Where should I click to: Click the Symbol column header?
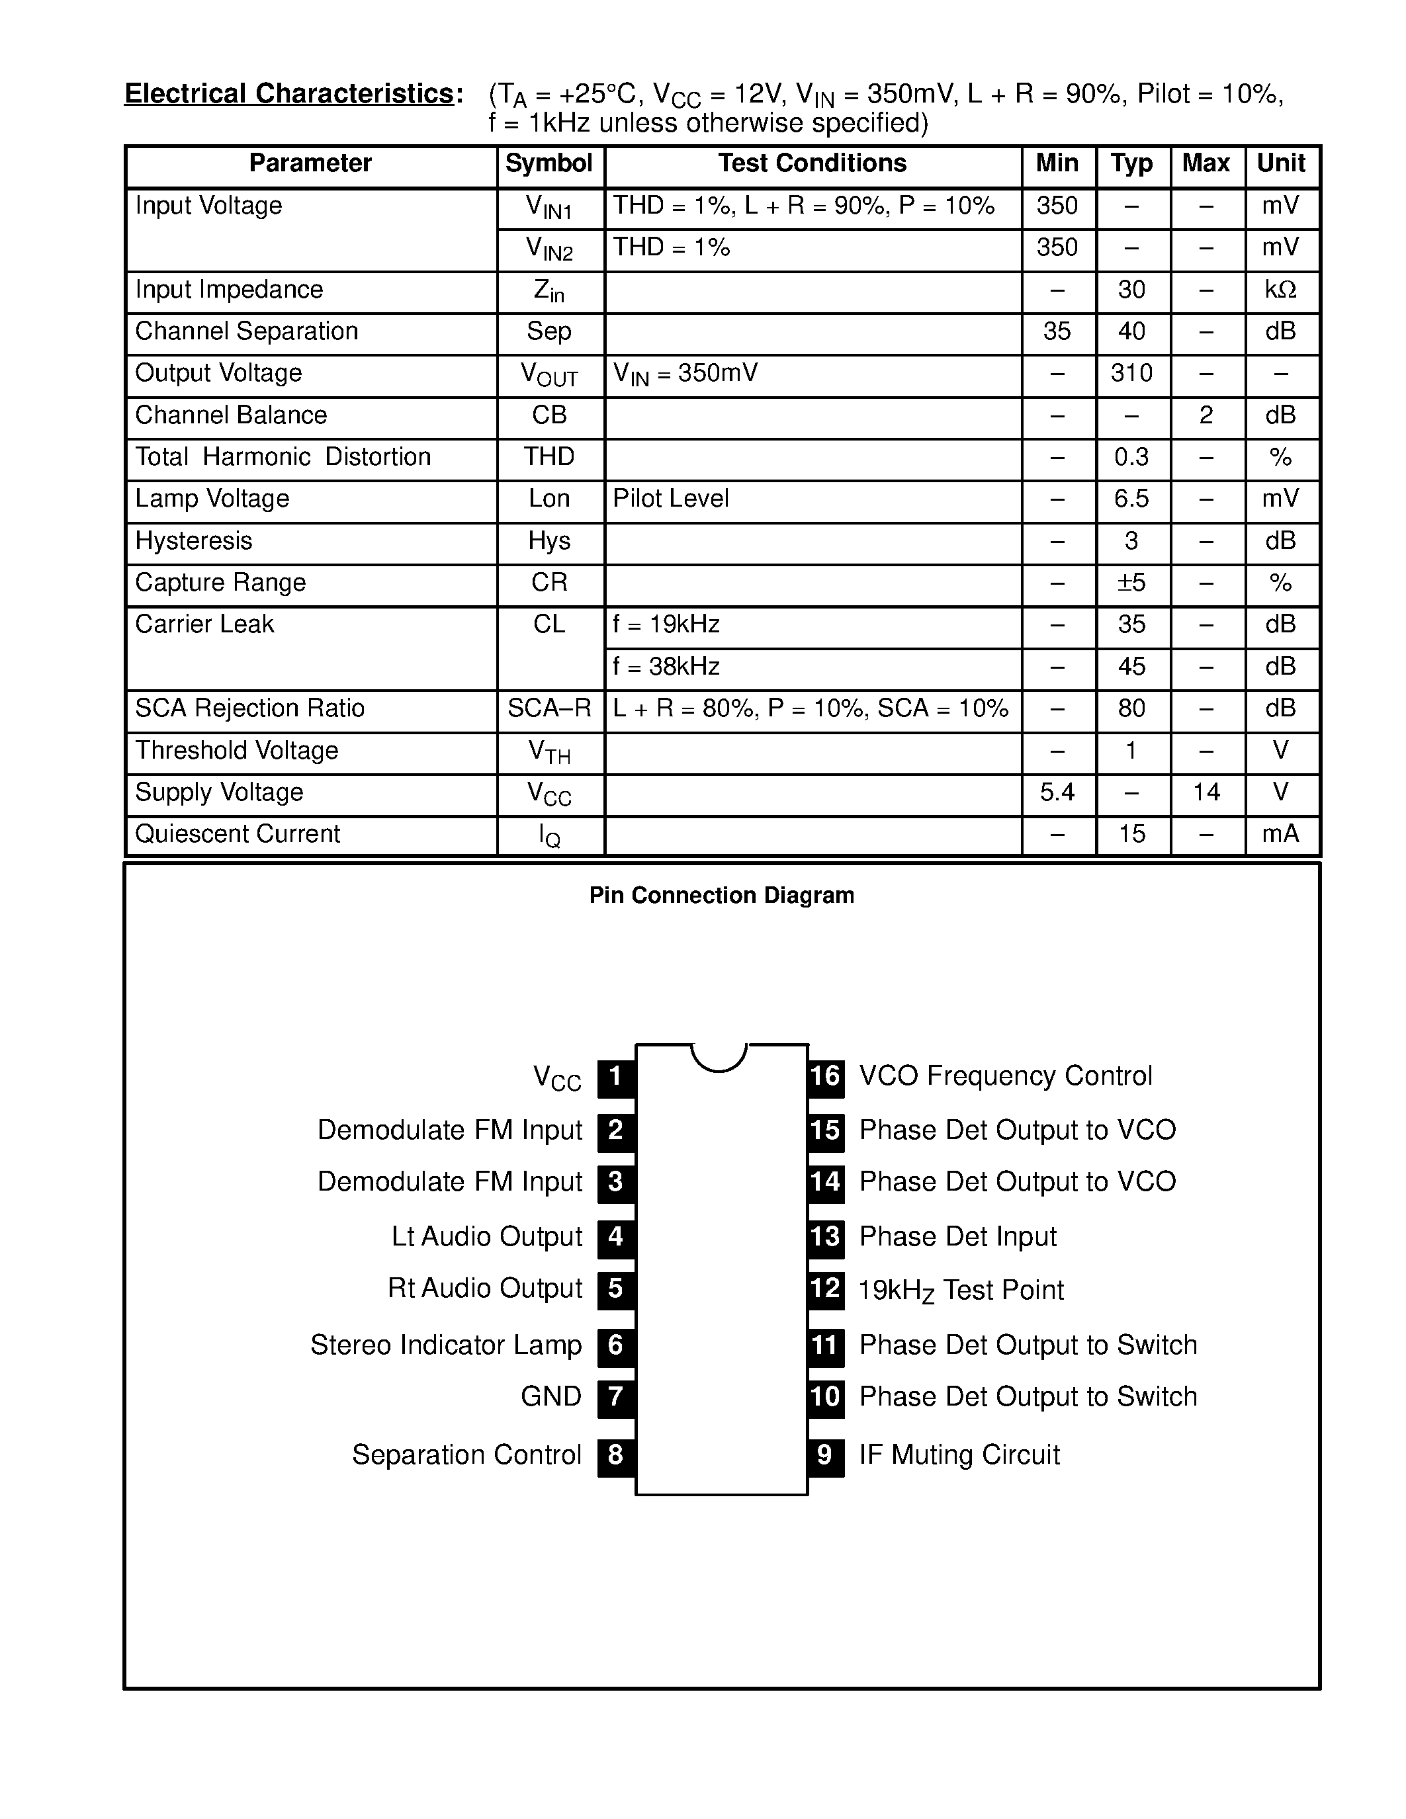coord(549,164)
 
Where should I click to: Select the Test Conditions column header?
coord(812,164)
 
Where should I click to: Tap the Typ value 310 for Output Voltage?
coord(1131,373)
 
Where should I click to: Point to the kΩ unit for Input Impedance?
coord(1280,290)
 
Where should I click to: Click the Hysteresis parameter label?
coord(193,541)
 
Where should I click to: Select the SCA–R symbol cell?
coord(549,709)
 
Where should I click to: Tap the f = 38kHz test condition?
coord(666,667)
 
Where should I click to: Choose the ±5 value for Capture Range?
coord(1131,583)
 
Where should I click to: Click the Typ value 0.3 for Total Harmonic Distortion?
coord(1131,457)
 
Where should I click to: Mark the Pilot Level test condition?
coord(670,499)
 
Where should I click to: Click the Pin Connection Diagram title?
coord(721,896)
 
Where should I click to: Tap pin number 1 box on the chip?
coord(615,1077)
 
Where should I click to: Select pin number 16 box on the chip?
coord(826,1077)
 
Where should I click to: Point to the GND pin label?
coord(550,1397)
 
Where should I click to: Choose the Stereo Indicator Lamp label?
coord(446,1345)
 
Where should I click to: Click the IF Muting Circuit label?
coord(959,1455)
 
